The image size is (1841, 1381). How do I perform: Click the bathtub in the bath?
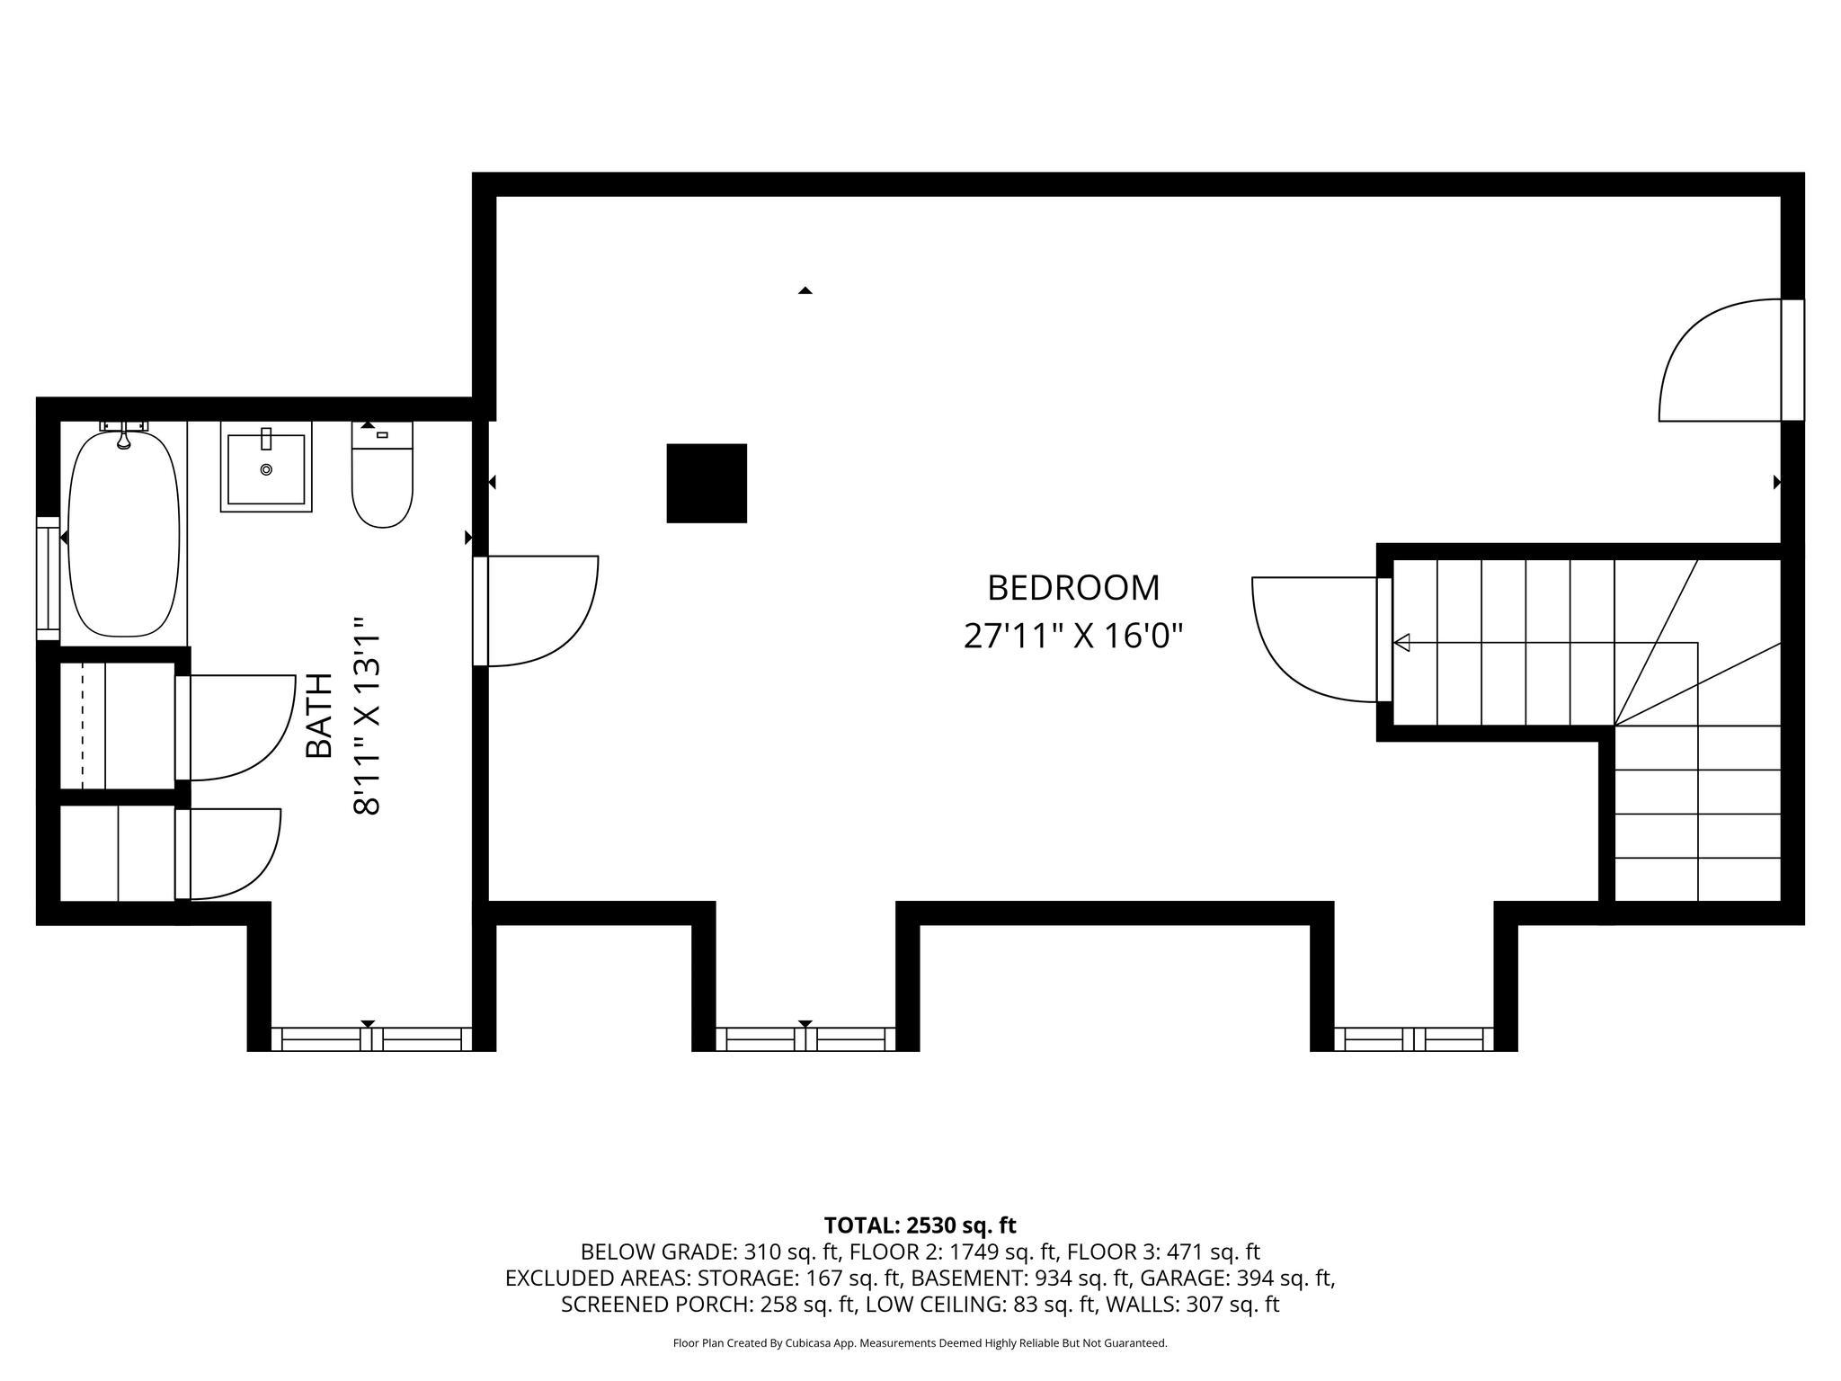123,534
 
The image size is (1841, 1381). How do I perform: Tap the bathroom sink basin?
266,468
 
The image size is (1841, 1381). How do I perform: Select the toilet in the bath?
382,486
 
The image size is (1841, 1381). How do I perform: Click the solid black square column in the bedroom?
707,483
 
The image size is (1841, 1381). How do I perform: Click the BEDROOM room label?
1073,588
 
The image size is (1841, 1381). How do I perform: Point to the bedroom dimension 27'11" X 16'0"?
1073,637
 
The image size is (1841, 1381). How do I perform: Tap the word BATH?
319,716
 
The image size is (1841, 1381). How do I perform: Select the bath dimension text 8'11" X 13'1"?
369,716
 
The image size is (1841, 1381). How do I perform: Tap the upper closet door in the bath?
238,726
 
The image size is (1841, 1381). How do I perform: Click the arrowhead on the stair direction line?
1401,643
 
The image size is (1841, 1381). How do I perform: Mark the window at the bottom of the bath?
371,1039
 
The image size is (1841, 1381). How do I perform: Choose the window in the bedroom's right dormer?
1413,1039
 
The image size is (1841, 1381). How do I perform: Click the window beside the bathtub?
47,578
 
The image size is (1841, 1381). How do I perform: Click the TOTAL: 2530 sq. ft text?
920,1225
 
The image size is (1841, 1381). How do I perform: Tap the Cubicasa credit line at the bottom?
920,1343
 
